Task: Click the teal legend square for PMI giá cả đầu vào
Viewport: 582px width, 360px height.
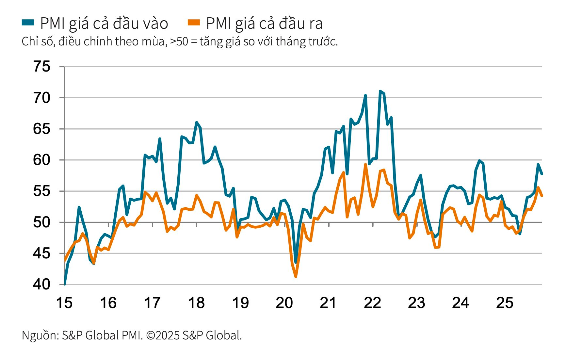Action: (28, 22)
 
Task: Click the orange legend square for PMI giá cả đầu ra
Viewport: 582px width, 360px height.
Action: (194, 22)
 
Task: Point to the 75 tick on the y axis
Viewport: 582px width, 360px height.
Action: (42, 67)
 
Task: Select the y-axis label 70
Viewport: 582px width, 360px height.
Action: (42, 98)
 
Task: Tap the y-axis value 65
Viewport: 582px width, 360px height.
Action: (42, 129)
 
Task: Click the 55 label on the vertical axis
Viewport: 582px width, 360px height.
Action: (42, 191)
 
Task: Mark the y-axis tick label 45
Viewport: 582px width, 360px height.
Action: (42, 253)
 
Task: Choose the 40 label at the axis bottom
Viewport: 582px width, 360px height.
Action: (42, 285)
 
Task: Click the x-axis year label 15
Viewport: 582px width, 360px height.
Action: (64, 303)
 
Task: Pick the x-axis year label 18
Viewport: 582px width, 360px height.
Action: (196, 303)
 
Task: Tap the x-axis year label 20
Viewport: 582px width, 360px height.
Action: (284, 303)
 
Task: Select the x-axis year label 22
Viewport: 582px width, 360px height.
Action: (372, 303)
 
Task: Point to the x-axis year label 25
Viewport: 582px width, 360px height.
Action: (505, 303)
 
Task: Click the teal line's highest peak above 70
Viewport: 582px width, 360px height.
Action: (380, 91)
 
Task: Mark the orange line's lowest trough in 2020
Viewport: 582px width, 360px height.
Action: (296, 277)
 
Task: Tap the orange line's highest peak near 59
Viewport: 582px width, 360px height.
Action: (365, 164)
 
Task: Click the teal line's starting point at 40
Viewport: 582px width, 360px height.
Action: (65, 284)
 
